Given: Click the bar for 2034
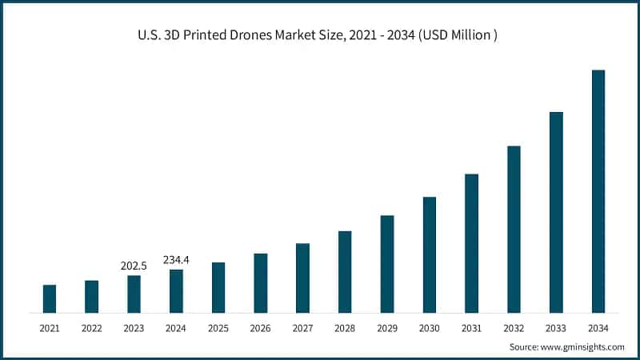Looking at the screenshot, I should (598, 191).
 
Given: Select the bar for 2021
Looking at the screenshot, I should (50, 298).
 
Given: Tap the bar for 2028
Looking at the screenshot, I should (345, 272).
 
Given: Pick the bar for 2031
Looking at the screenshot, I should (471, 243).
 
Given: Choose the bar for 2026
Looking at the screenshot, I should (261, 283).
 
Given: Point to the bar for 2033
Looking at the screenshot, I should (556, 212).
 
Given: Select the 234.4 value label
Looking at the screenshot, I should (176, 259).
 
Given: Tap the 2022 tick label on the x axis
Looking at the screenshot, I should (91, 328).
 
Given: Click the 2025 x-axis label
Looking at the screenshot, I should (218, 328).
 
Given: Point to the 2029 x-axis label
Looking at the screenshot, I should (387, 328).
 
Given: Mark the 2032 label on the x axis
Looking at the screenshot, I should (514, 328).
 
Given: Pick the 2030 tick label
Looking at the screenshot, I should (430, 328).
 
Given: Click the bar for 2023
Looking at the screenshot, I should (134, 294).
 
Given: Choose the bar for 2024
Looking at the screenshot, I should (176, 291).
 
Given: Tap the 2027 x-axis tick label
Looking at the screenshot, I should (302, 328).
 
